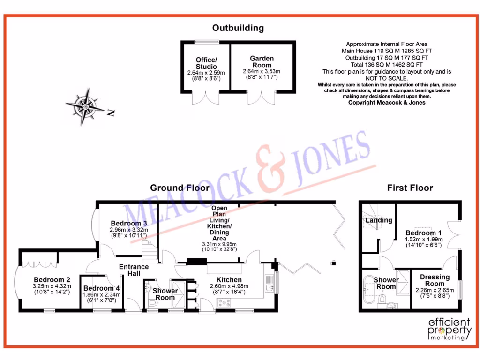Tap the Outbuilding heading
(238, 28)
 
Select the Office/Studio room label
(206, 63)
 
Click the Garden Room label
(262, 61)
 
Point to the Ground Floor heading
(180, 188)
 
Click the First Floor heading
(410, 188)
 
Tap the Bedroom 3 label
(129, 223)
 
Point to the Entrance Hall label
(134, 270)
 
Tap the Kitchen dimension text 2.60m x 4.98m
(229, 287)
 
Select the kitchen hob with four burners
(223, 303)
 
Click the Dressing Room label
(435, 280)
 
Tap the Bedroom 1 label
(423, 233)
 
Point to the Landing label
(379, 220)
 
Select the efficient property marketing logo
(450, 328)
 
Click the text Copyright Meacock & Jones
(387, 102)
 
